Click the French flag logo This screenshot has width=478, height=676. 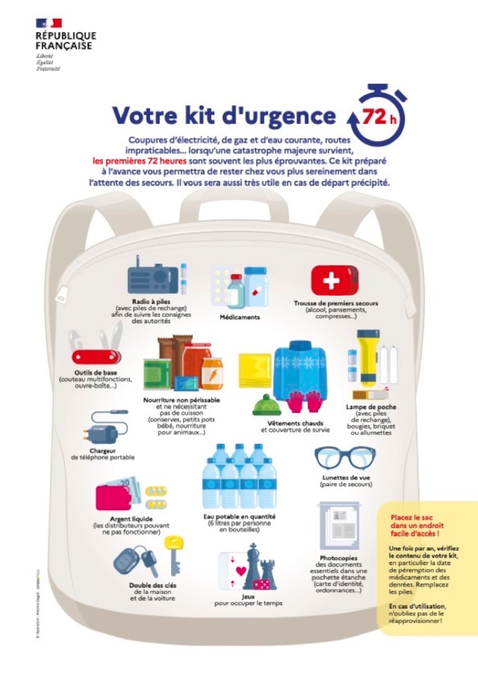(x=49, y=23)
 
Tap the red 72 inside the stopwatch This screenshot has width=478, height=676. (x=374, y=117)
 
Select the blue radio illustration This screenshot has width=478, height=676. (x=153, y=278)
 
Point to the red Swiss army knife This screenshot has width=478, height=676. (x=96, y=356)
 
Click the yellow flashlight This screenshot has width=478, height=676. (x=368, y=359)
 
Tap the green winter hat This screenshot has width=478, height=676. (x=267, y=405)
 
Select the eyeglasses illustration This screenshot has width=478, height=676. (x=345, y=458)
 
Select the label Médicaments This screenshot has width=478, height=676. (x=239, y=317)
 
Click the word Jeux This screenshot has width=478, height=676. (x=248, y=597)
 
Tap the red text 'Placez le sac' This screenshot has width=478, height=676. (x=412, y=517)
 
